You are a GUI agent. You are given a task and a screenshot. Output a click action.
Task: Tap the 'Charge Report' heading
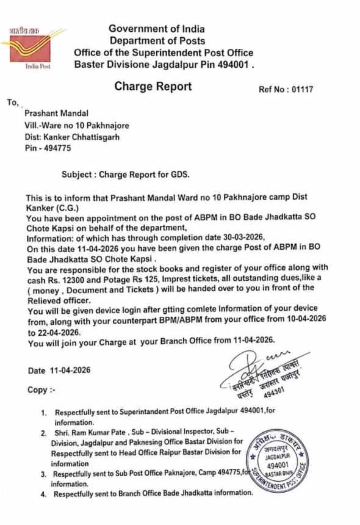coord(153,87)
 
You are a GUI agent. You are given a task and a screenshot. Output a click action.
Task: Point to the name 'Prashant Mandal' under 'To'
coord(56,113)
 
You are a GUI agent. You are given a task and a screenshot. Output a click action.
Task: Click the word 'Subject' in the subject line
coord(77,174)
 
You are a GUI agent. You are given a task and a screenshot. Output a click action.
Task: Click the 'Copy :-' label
coord(41,389)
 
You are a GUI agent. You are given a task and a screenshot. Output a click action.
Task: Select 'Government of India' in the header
coord(157,29)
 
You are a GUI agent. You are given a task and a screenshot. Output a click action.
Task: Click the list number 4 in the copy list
coord(43,493)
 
